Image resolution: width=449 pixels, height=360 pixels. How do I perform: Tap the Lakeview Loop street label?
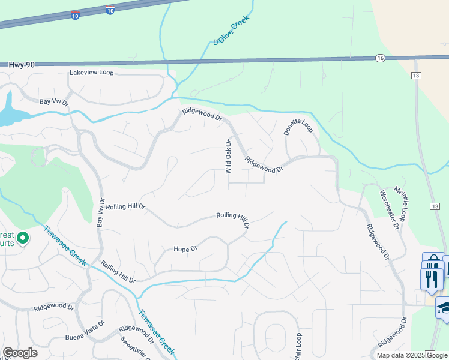click(x=91, y=72)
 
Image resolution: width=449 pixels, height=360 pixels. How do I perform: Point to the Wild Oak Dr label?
click(x=228, y=157)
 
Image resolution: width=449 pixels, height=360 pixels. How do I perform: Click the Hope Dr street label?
click(x=185, y=248)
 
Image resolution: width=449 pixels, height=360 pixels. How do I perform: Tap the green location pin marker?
click(x=23, y=239)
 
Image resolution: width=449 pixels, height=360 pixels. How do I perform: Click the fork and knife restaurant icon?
click(x=432, y=279)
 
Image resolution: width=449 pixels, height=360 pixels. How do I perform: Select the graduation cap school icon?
click(x=445, y=308)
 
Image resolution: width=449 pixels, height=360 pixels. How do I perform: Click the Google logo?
click(x=20, y=353)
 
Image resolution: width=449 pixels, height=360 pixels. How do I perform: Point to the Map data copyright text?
click(x=412, y=355)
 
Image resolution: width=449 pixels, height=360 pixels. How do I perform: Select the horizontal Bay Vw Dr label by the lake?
click(x=54, y=102)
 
